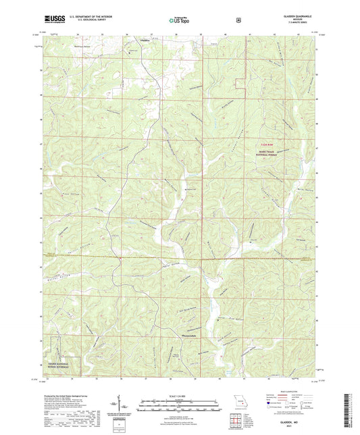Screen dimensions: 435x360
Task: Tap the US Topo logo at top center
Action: click(x=179, y=20)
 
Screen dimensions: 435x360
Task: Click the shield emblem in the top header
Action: click(x=238, y=20)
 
